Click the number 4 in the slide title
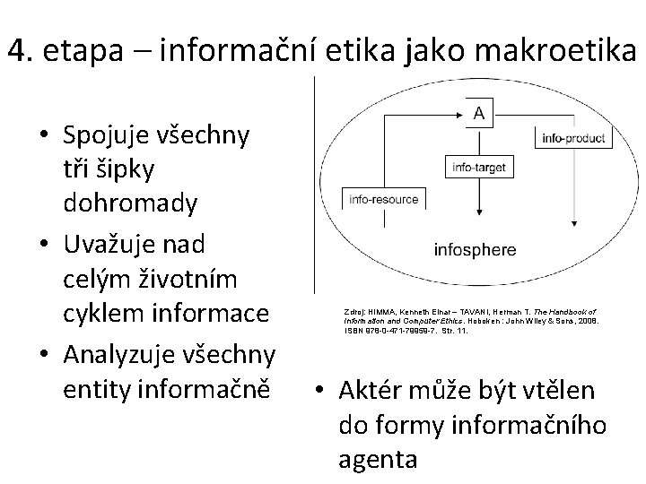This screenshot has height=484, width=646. click(15, 52)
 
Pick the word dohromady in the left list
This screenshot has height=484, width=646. click(130, 203)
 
